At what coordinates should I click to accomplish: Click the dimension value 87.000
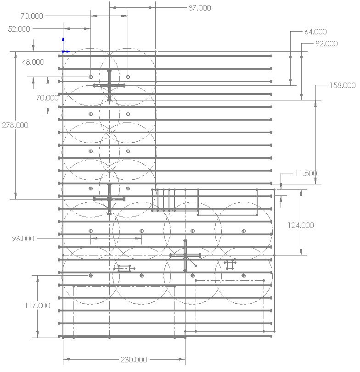200,8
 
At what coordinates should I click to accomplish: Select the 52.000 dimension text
19,29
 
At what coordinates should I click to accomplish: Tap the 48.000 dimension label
34,62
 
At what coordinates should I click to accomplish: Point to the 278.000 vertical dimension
15,125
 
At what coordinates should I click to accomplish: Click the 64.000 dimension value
315,32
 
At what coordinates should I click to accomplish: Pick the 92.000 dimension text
326,44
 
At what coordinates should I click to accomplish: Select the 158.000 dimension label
342,85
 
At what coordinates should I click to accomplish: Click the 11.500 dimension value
306,174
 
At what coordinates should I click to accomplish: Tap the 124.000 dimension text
301,225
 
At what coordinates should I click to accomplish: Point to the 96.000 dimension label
23,239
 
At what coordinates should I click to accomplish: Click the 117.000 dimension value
38,305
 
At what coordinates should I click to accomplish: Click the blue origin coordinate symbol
63,51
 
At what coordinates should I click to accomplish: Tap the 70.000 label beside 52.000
32,16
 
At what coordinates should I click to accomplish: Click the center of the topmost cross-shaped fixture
109,85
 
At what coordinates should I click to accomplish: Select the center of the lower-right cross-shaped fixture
185,255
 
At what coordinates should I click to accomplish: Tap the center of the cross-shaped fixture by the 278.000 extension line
109,199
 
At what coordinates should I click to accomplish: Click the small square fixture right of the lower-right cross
230,265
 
